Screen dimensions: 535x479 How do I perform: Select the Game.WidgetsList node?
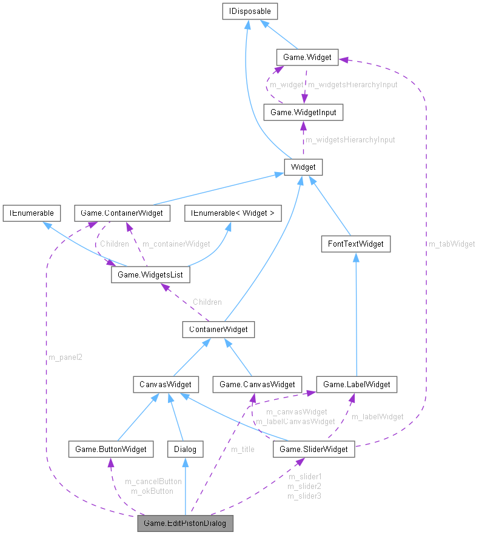pyautogui.click(x=150, y=274)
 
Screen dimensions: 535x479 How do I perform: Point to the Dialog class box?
pyautogui.click(x=185, y=449)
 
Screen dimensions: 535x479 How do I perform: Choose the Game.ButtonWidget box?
pyautogui.click(x=109, y=449)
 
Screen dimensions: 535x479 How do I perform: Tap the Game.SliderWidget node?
pyautogui.click(x=314, y=449)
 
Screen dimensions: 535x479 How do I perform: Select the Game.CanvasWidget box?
pyautogui.click(x=257, y=384)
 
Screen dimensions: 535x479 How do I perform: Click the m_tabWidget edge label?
pyautogui.click(x=452, y=244)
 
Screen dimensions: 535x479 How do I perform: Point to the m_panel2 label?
pyautogui.click(x=65, y=357)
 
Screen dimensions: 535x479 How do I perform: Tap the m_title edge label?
pyautogui.click(x=243, y=449)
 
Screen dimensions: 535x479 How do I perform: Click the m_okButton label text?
pyautogui.click(x=152, y=491)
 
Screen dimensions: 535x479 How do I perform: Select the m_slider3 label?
pyautogui.click(x=304, y=496)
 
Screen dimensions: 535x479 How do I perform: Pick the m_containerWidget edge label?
pyautogui.click(x=176, y=244)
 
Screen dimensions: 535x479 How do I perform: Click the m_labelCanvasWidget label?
pyautogui.click(x=295, y=421)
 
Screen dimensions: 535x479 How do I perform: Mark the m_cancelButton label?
pyautogui.click(x=153, y=481)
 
